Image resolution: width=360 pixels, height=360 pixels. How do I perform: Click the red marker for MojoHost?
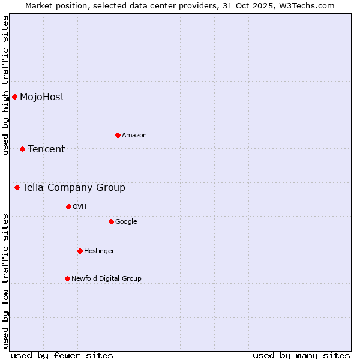14,97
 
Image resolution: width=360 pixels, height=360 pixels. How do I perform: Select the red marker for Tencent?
22,149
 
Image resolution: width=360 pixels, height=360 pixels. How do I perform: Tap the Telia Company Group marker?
17,187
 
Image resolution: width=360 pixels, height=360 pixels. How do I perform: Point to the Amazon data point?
118,135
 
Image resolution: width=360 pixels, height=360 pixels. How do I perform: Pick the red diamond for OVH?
68,206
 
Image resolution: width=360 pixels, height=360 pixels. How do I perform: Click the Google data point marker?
111,221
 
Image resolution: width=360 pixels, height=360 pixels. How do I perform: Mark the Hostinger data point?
80,251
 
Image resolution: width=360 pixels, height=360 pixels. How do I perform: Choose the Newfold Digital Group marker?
67,278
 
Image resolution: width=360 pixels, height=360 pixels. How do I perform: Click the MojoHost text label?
42,97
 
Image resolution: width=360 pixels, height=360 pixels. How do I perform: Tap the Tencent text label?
46,149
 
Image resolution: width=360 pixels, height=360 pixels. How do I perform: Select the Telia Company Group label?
74,188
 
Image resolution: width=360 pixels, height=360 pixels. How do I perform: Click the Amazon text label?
134,136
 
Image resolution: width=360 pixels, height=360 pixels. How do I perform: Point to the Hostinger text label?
99,251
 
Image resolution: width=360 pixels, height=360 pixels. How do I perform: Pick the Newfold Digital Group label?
106,278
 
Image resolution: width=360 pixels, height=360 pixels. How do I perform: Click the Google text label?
126,222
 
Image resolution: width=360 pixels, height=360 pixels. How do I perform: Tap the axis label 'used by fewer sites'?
62,355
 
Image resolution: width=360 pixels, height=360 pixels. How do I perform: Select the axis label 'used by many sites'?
301,355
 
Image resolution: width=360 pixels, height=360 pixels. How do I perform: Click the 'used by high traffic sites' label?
6,86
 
